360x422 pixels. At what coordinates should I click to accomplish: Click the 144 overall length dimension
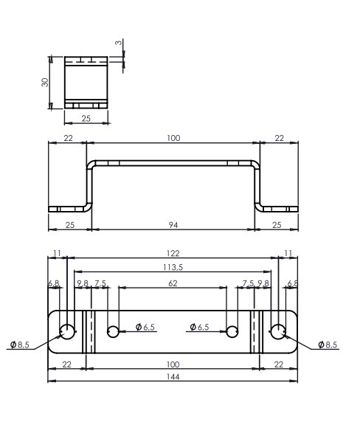[173, 377]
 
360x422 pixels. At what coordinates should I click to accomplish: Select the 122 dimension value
[173, 253]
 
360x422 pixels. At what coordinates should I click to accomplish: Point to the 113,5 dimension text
[173, 267]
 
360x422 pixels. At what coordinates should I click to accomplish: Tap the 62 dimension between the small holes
[173, 283]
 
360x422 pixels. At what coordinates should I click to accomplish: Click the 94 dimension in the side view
[173, 225]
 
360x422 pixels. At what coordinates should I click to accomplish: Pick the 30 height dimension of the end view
[45, 82]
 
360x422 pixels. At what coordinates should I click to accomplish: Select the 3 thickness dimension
[118, 43]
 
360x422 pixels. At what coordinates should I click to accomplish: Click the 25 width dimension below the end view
[86, 118]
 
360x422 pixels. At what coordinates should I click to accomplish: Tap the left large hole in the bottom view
[67, 331]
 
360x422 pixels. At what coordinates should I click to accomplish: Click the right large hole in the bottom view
[278, 331]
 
